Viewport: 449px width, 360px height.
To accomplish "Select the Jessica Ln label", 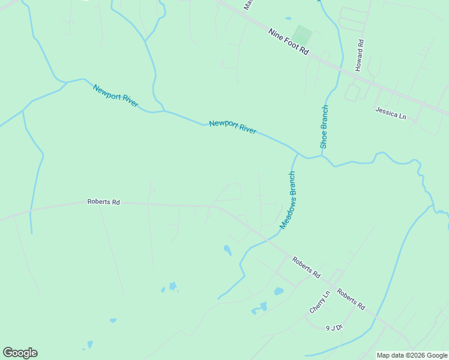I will [x=391, y=112].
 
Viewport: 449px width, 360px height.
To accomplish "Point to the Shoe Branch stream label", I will [x=324, y=127].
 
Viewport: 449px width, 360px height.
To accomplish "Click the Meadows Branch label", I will [x=288, y=200].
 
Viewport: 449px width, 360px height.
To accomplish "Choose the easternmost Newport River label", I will [x=233, y=127].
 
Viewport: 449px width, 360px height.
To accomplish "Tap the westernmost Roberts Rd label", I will [x=103, y=202].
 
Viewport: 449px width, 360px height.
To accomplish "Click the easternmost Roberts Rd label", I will [x=351, y=299].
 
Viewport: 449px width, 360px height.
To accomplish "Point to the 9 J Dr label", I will [x=334, y=328].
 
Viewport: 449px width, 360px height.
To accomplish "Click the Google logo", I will [x=20, y=353].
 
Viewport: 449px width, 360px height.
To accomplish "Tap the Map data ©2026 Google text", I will [x=412, y=355].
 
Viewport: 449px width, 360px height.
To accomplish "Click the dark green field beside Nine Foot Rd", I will [x=302, y=34].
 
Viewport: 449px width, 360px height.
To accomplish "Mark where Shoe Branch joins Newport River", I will [x=322, y=156].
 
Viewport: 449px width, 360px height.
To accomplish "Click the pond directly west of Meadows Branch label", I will [x=228, y=250].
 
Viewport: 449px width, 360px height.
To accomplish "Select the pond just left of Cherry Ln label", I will [x=279, y=292].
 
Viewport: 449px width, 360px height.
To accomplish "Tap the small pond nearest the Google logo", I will [x=90, y=345].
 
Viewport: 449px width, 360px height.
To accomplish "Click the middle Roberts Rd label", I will [x=306, y=268].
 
